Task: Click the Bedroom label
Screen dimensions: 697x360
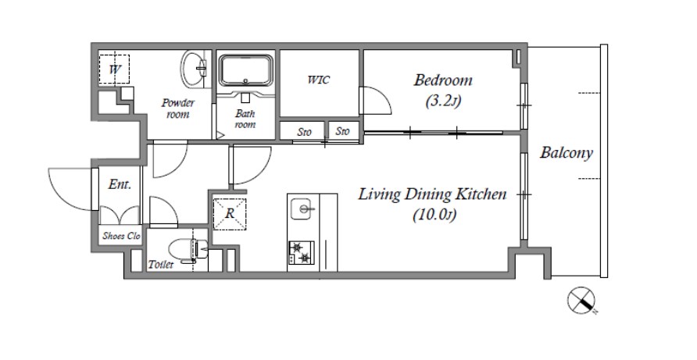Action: (x=443, y=80)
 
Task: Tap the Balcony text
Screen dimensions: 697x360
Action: (x=567, y=153)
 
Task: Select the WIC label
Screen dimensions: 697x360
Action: (x=319, y=80)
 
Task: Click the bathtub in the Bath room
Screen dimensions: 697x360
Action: (x=246, y=70)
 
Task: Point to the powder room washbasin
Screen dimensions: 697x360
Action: (x=195, y=70)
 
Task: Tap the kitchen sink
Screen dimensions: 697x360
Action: (x=303, y=209)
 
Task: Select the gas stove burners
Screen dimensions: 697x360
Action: (x=302, y=252)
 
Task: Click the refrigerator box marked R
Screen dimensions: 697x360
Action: (x=230, y=214)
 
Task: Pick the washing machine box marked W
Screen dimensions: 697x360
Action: (x=114, y=70)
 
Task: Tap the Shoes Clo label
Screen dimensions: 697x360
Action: (x=121, y=236)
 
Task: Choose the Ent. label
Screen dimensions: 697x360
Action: (x=120, y=184)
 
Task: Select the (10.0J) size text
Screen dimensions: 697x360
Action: (x=434, y=216)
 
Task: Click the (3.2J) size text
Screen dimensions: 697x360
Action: (x=443, y=102)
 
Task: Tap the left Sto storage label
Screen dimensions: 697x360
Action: (x=305, y=132)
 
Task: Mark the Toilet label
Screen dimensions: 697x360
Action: (x=160, y=265)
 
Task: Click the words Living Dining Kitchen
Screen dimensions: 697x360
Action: (x=432, y=194)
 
